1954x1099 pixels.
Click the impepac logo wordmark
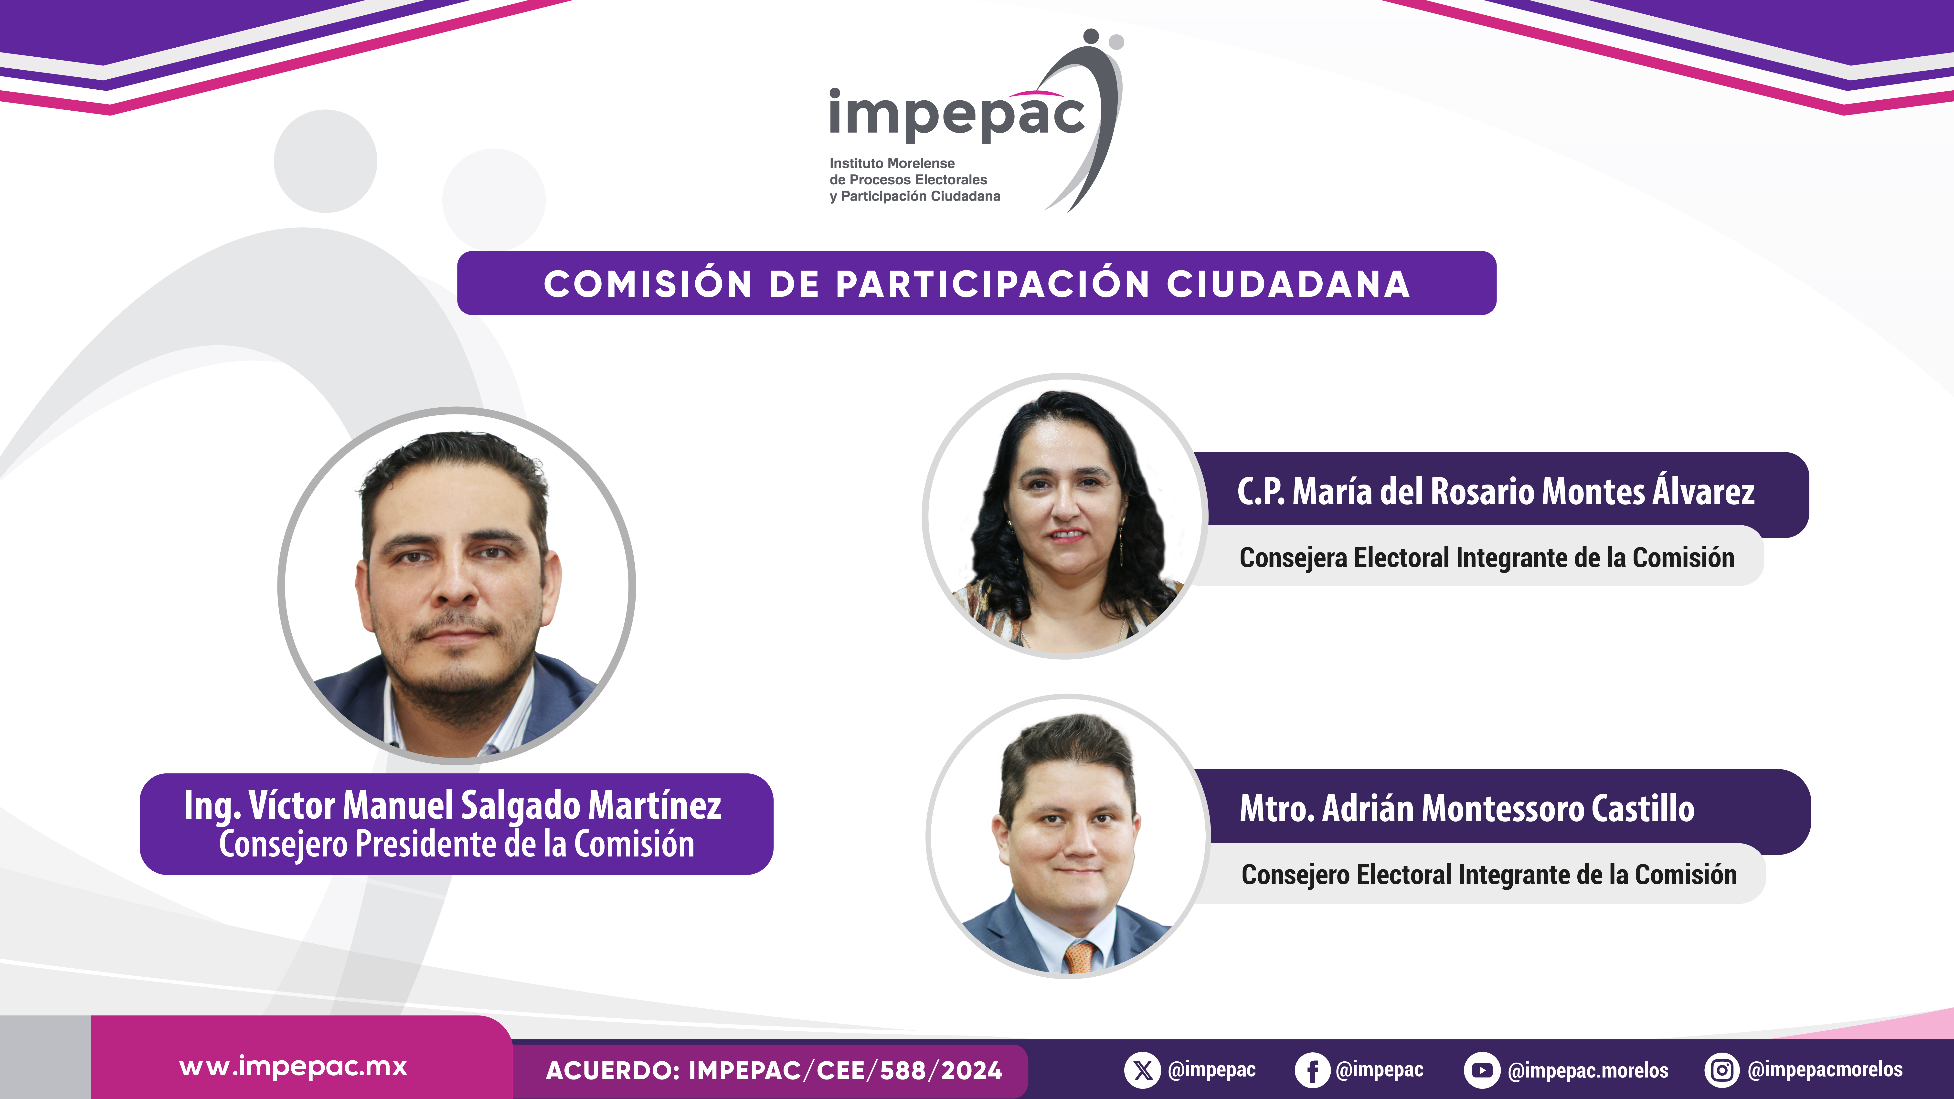[x=957, y=115]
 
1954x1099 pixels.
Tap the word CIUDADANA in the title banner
[x=1288, y=284]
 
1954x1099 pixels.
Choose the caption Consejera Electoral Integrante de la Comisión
[x=1487, y=558]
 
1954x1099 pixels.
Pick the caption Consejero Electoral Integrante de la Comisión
[x=1489, y=875]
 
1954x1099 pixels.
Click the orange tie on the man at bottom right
[x=1079, y=957]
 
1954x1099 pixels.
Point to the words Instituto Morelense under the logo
[x=892, y=163]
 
